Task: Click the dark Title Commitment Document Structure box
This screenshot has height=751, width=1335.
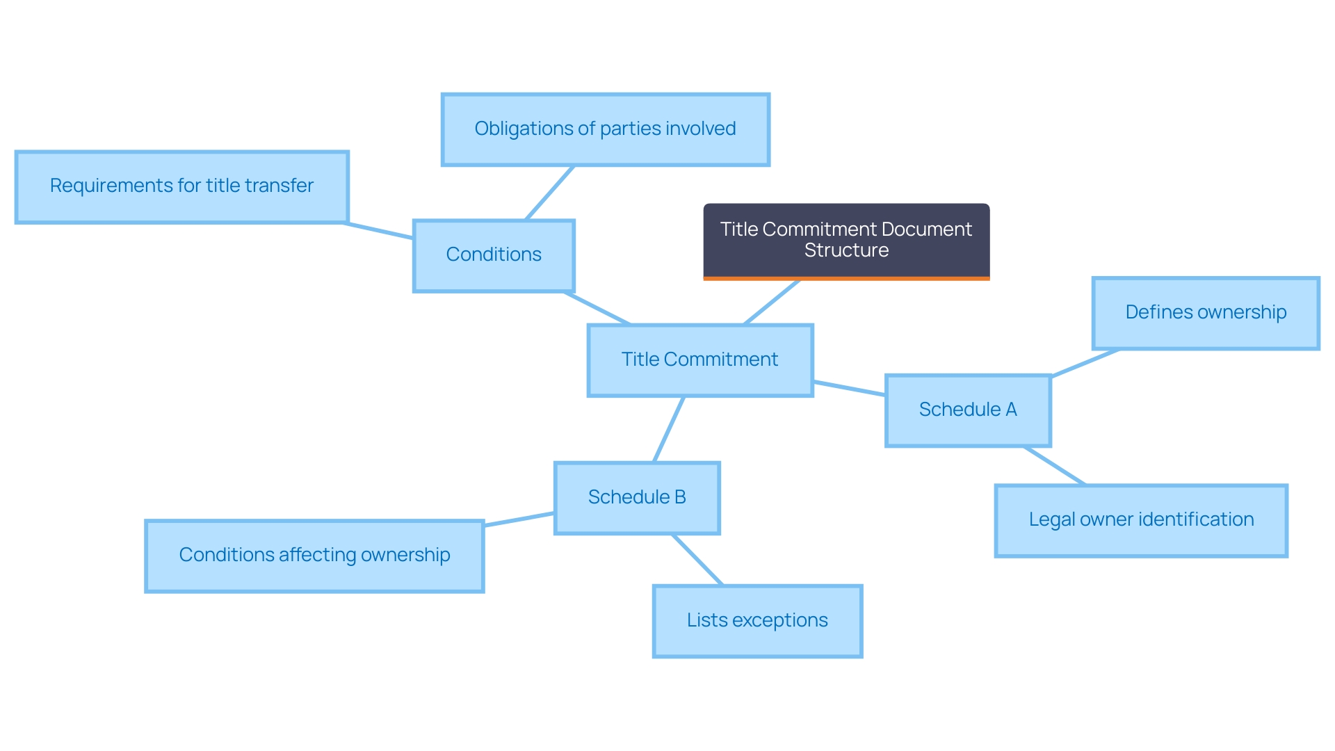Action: (846, 241)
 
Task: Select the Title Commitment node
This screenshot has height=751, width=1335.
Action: (700, 360)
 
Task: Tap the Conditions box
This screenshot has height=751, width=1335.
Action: (494, 255)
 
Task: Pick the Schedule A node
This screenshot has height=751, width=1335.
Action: (968, 410)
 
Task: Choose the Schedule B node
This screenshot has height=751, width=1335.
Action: (637, 498)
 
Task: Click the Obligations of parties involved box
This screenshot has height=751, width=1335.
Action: (605, 129)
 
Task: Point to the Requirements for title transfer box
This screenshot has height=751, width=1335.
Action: (181, 186)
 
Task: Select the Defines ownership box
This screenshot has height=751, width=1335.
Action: (1206, 313)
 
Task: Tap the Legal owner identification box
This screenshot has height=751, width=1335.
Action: (1141, 520)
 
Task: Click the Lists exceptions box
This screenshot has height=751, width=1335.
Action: (757, 621)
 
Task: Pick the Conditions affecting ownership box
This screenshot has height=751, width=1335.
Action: (314, 556)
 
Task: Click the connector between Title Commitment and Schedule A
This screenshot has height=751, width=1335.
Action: (849, 388)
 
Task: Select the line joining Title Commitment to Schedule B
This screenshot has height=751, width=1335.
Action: (669, 429)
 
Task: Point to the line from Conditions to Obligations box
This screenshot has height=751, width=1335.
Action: (550, 193)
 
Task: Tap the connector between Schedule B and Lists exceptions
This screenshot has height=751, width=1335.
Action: (697, 560)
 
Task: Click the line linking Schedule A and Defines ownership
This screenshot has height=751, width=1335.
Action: (1085, 363)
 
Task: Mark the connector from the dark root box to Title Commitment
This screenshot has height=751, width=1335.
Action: (772, 302)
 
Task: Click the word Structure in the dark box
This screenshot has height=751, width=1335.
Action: (846, 251)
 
